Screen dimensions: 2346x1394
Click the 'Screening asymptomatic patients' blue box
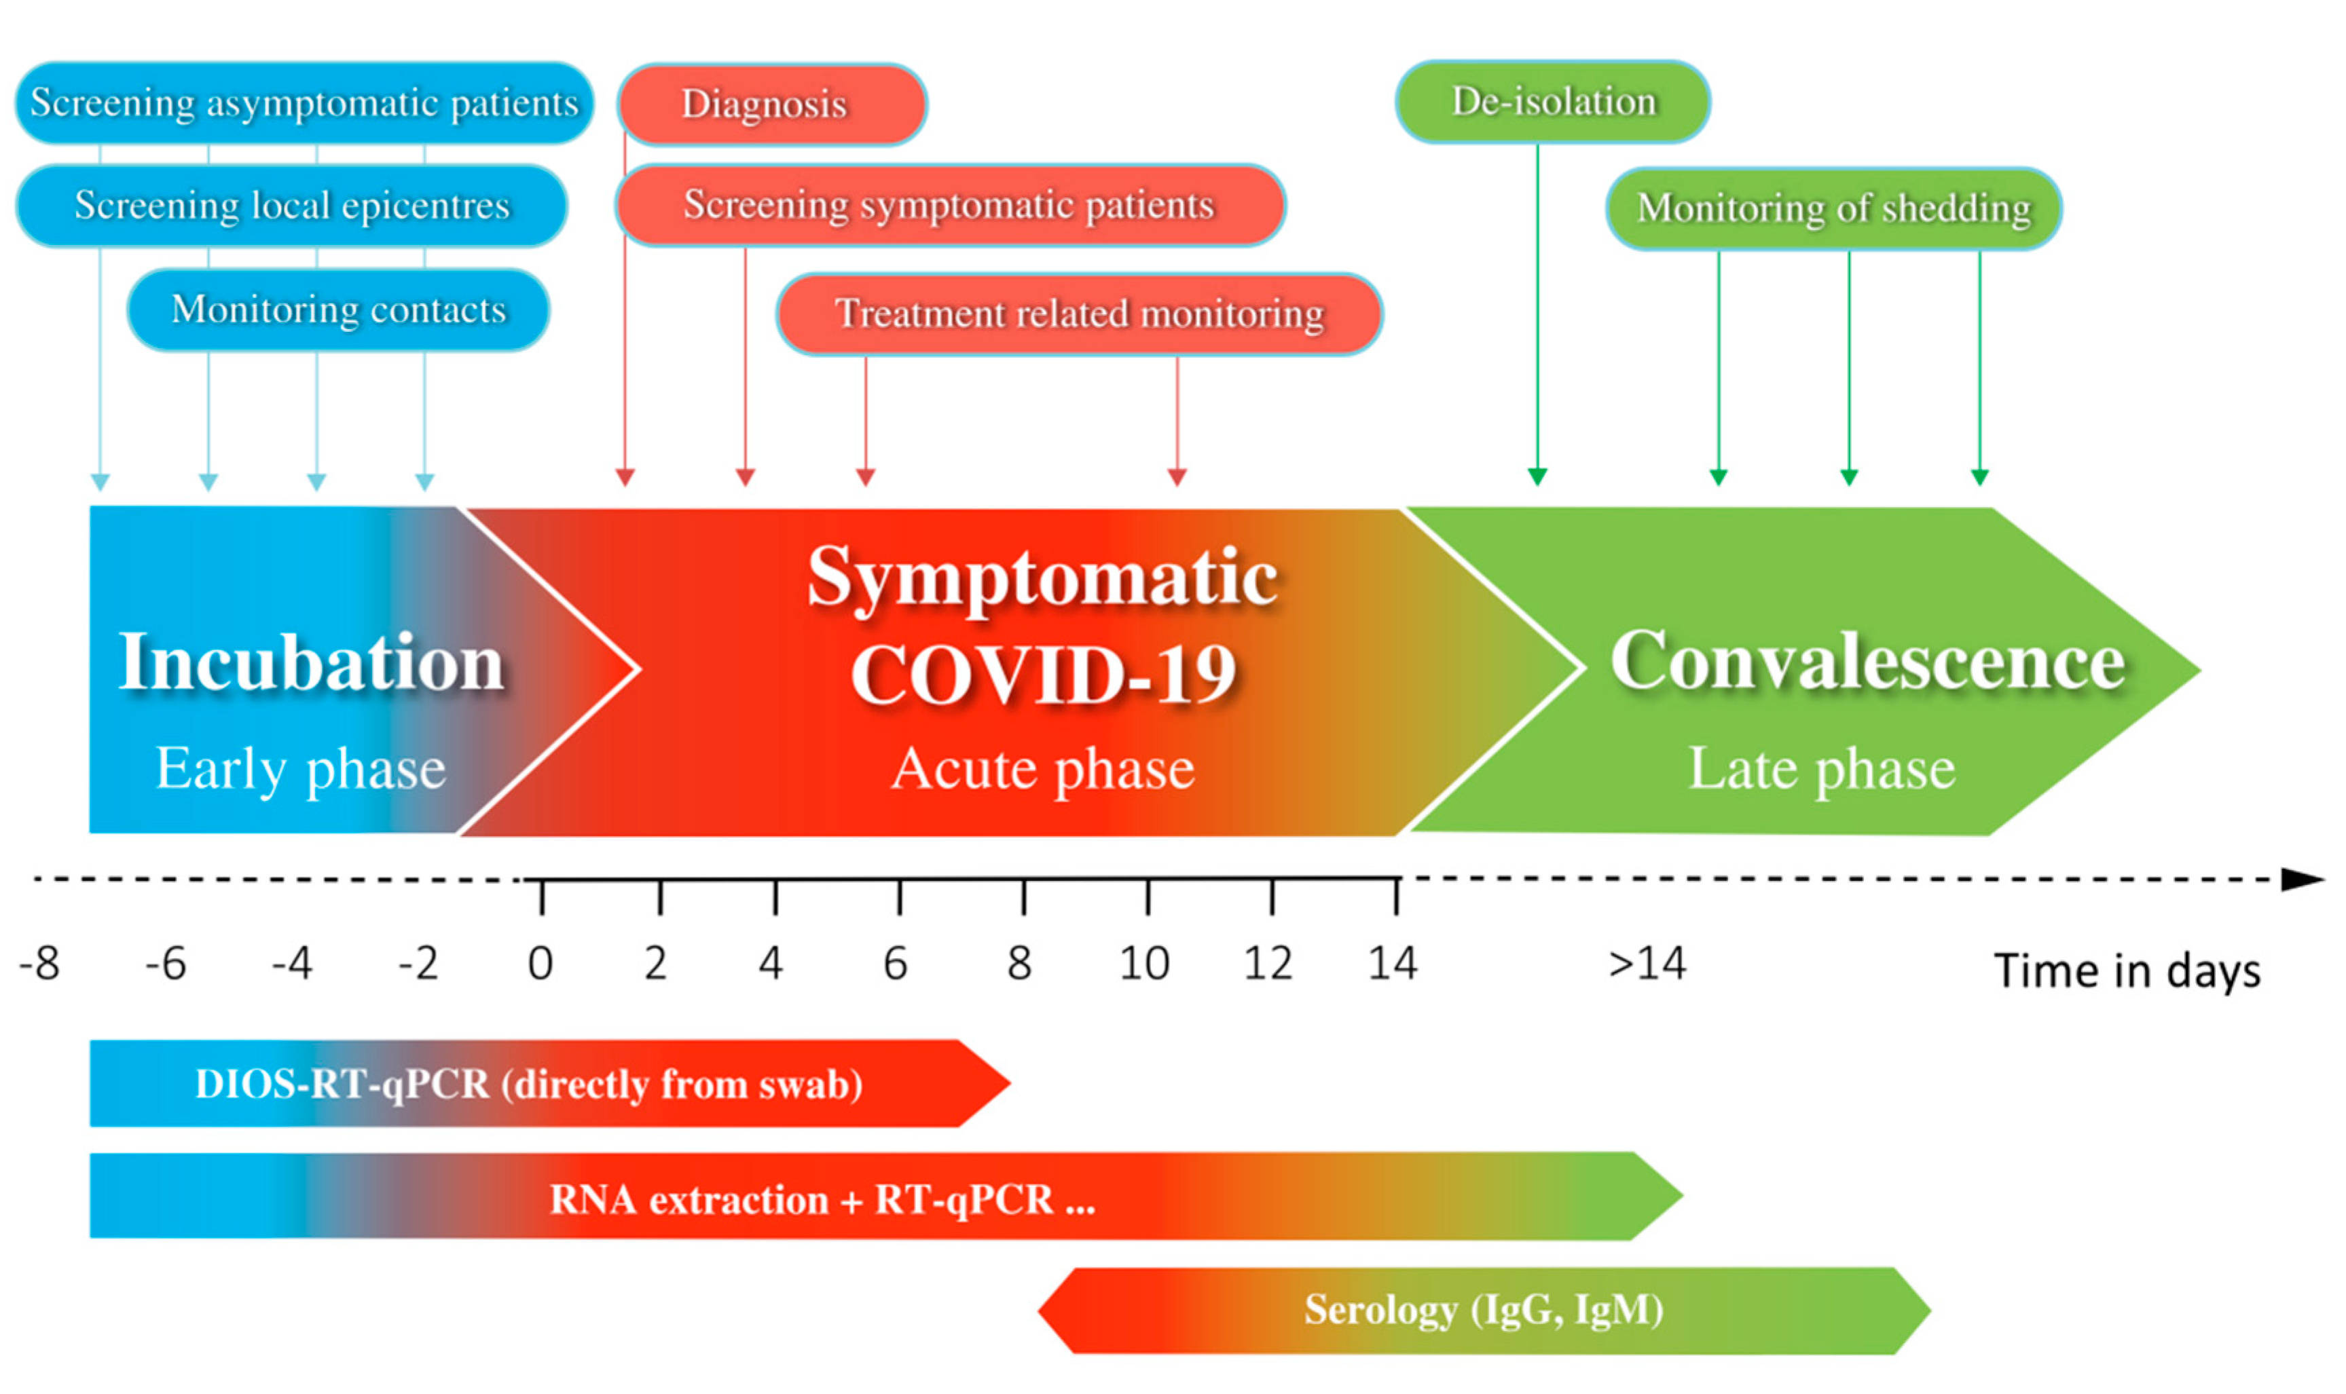(x=304, y=103)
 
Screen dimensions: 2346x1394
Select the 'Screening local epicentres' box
(x=292, y=206)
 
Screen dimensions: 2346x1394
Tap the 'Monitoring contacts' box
(x=338, y=310)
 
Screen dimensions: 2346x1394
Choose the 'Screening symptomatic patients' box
(x=950, y=205)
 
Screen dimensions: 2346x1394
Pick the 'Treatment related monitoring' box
(x=1080, y=314)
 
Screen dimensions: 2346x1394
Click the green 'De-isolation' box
(x=1553, y=101)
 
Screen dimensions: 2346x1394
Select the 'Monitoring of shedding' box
(x=1834, y=208)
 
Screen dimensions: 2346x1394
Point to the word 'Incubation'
(x=312, y=662)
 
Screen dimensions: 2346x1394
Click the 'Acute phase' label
(x=1043, y=770)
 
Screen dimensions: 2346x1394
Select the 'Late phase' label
(x=1822, y=770)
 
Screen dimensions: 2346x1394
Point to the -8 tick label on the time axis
(x=39, y=963)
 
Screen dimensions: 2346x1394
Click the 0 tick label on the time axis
(x=540, y=963)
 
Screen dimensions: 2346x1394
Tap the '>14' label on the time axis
(x=1647, y=963)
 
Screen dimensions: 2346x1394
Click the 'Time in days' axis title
(x=2127, y=971)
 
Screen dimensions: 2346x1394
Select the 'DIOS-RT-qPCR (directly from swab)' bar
(x=549, y=1083)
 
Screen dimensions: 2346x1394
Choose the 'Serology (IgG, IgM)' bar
(x=1484, y=1311)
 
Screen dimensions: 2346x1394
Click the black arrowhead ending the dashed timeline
(x=2304, y=880)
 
